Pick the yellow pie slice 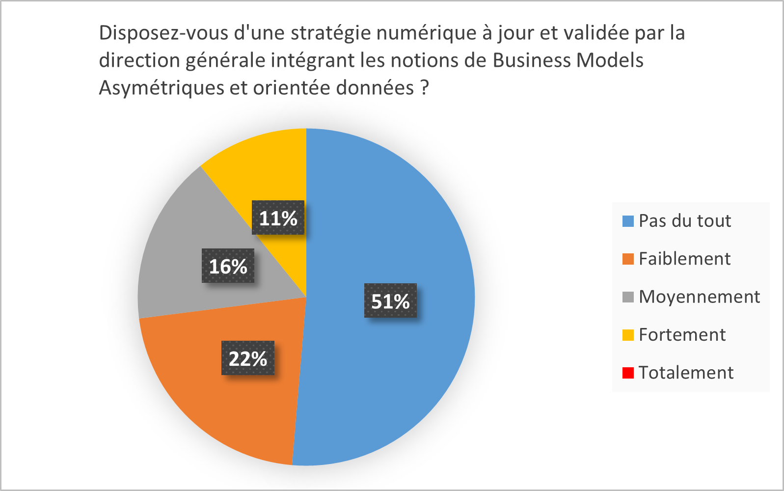[265, 162]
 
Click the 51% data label [390, 301]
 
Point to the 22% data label [248, 358]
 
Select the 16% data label [228, 266]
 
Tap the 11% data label [278, 218]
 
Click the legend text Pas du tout [685, 221]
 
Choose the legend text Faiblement [684, 259]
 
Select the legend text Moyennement [699, 297]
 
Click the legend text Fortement [682, 335]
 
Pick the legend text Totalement [686, 373]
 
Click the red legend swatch [628, 373]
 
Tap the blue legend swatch [628, 221]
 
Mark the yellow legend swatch [628, 335]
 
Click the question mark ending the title [425, 88]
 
